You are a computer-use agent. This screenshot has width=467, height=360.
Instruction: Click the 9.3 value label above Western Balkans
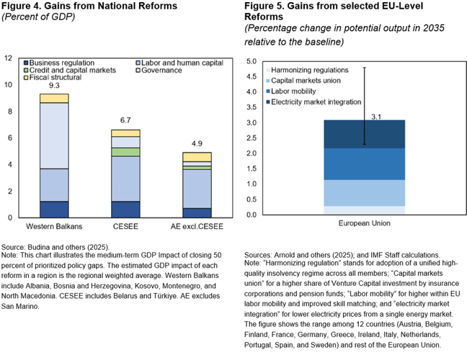point(54,86)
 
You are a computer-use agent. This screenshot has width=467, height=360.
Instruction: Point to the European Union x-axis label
point(364,223)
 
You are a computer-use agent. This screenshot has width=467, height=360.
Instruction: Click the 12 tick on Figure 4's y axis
point(8,58)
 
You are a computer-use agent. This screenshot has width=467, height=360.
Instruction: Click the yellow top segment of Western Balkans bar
point(54,98)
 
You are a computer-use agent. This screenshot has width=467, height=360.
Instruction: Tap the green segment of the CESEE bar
point(125,152)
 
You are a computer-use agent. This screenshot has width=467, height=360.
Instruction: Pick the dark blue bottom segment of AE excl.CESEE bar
point(196,212)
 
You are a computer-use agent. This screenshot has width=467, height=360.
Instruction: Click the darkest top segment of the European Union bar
point(364,134)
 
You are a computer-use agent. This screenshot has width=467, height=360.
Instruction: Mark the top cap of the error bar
point(365,68)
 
